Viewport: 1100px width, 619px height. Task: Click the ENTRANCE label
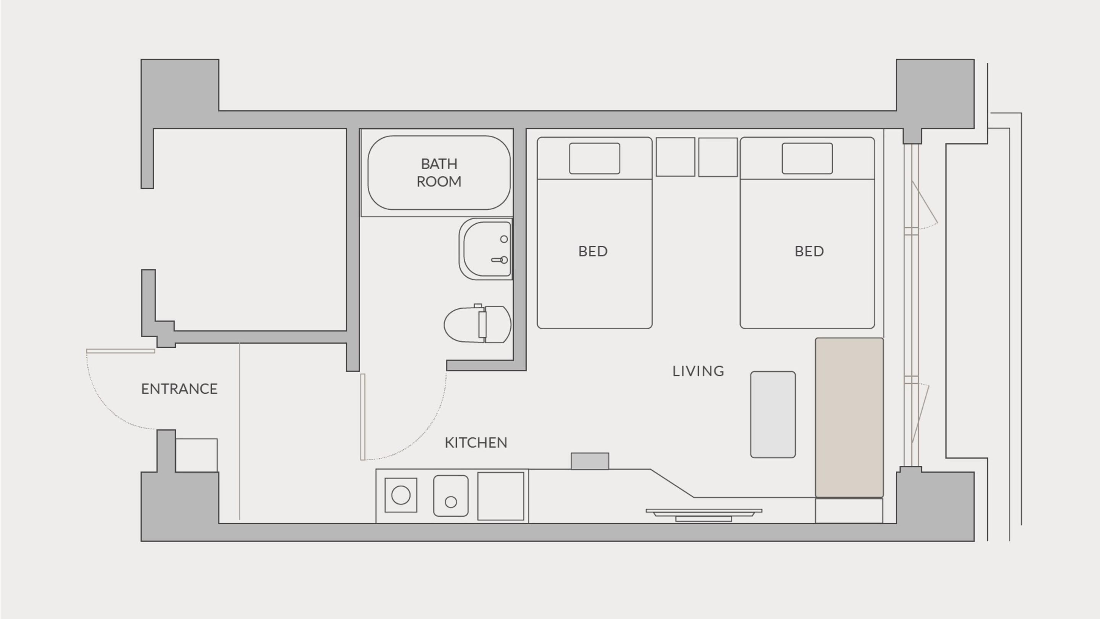coord(180,389)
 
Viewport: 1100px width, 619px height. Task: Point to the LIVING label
coord(698,371)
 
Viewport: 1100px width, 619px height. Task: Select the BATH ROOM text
coord(439,173)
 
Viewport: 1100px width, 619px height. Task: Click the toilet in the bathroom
coord(477,324)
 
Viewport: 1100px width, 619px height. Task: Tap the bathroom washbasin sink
coord(485,249)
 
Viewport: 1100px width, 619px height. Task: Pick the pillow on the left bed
coord(594,159)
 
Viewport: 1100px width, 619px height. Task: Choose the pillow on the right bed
coord(807,159)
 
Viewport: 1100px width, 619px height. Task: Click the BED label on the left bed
coord(593,251)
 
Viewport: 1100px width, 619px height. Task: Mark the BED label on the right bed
coord(809,251)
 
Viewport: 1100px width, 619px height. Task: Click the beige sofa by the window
coord(849,417)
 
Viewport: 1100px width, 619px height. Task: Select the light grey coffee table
coord(773,414)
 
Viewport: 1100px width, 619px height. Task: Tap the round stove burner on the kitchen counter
coord(401,495)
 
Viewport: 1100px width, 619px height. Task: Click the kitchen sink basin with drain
coord(451,496)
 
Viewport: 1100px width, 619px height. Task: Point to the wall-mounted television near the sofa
coord(704,515)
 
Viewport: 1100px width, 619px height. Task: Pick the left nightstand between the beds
coord(676,157)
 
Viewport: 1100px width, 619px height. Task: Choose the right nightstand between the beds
coord(718,157)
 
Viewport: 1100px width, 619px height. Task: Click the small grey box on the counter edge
coord(590,461)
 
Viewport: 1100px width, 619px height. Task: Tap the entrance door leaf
coord(120,351)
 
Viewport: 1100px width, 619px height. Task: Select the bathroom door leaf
coord(363,417)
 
